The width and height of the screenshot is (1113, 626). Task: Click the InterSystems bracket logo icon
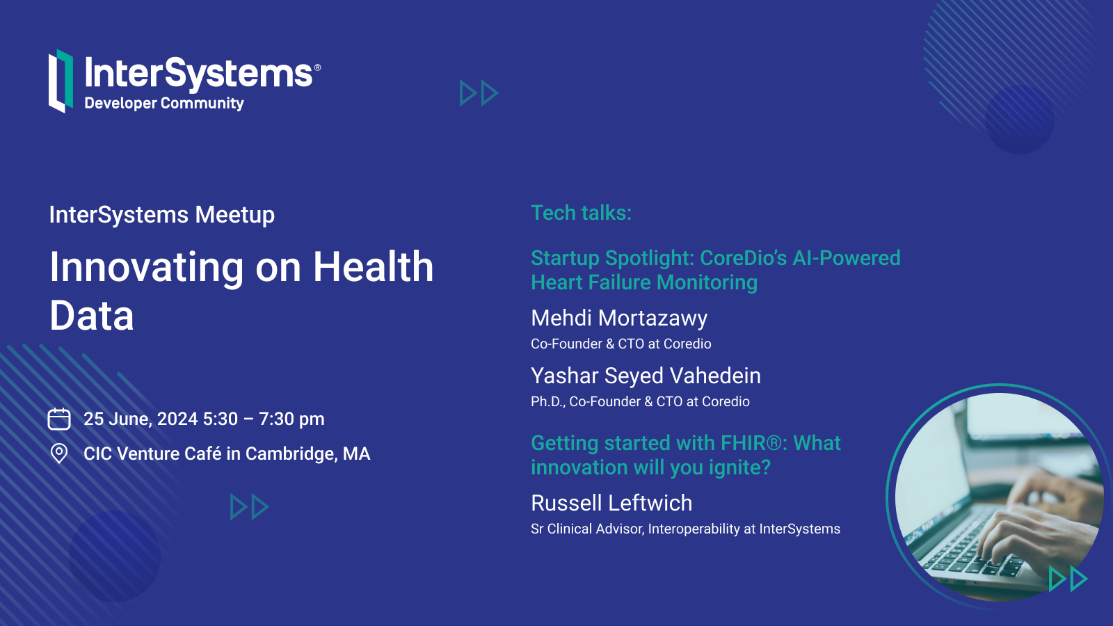tap(61, 81)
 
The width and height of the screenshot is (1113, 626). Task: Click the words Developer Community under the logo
tap(164, 104)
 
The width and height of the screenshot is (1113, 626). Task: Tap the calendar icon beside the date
tap(59, 419)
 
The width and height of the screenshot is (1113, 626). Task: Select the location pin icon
tap(59, 454)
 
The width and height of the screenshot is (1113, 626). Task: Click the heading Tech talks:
tap(581, 213)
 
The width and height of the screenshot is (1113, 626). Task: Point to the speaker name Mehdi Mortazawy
tap(619, 318)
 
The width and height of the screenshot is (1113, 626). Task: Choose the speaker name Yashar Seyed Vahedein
tap(646, 376)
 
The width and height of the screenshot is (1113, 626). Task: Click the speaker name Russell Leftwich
tap(611, 503)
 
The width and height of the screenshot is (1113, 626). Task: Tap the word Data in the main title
tap(92, 316)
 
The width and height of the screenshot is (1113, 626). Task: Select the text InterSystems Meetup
tap(162, 215)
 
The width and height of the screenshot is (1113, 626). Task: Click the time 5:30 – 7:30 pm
tap(264, 419)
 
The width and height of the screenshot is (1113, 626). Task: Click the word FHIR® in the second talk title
tap(754, 442)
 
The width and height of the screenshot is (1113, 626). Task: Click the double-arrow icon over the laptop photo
tap(1068, 579)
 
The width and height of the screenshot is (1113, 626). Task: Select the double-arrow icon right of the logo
tap(479, 93)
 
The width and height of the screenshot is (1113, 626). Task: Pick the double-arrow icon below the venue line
tap(250, 507)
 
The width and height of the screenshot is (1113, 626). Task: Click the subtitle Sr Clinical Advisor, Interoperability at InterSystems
tap(685, 529)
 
